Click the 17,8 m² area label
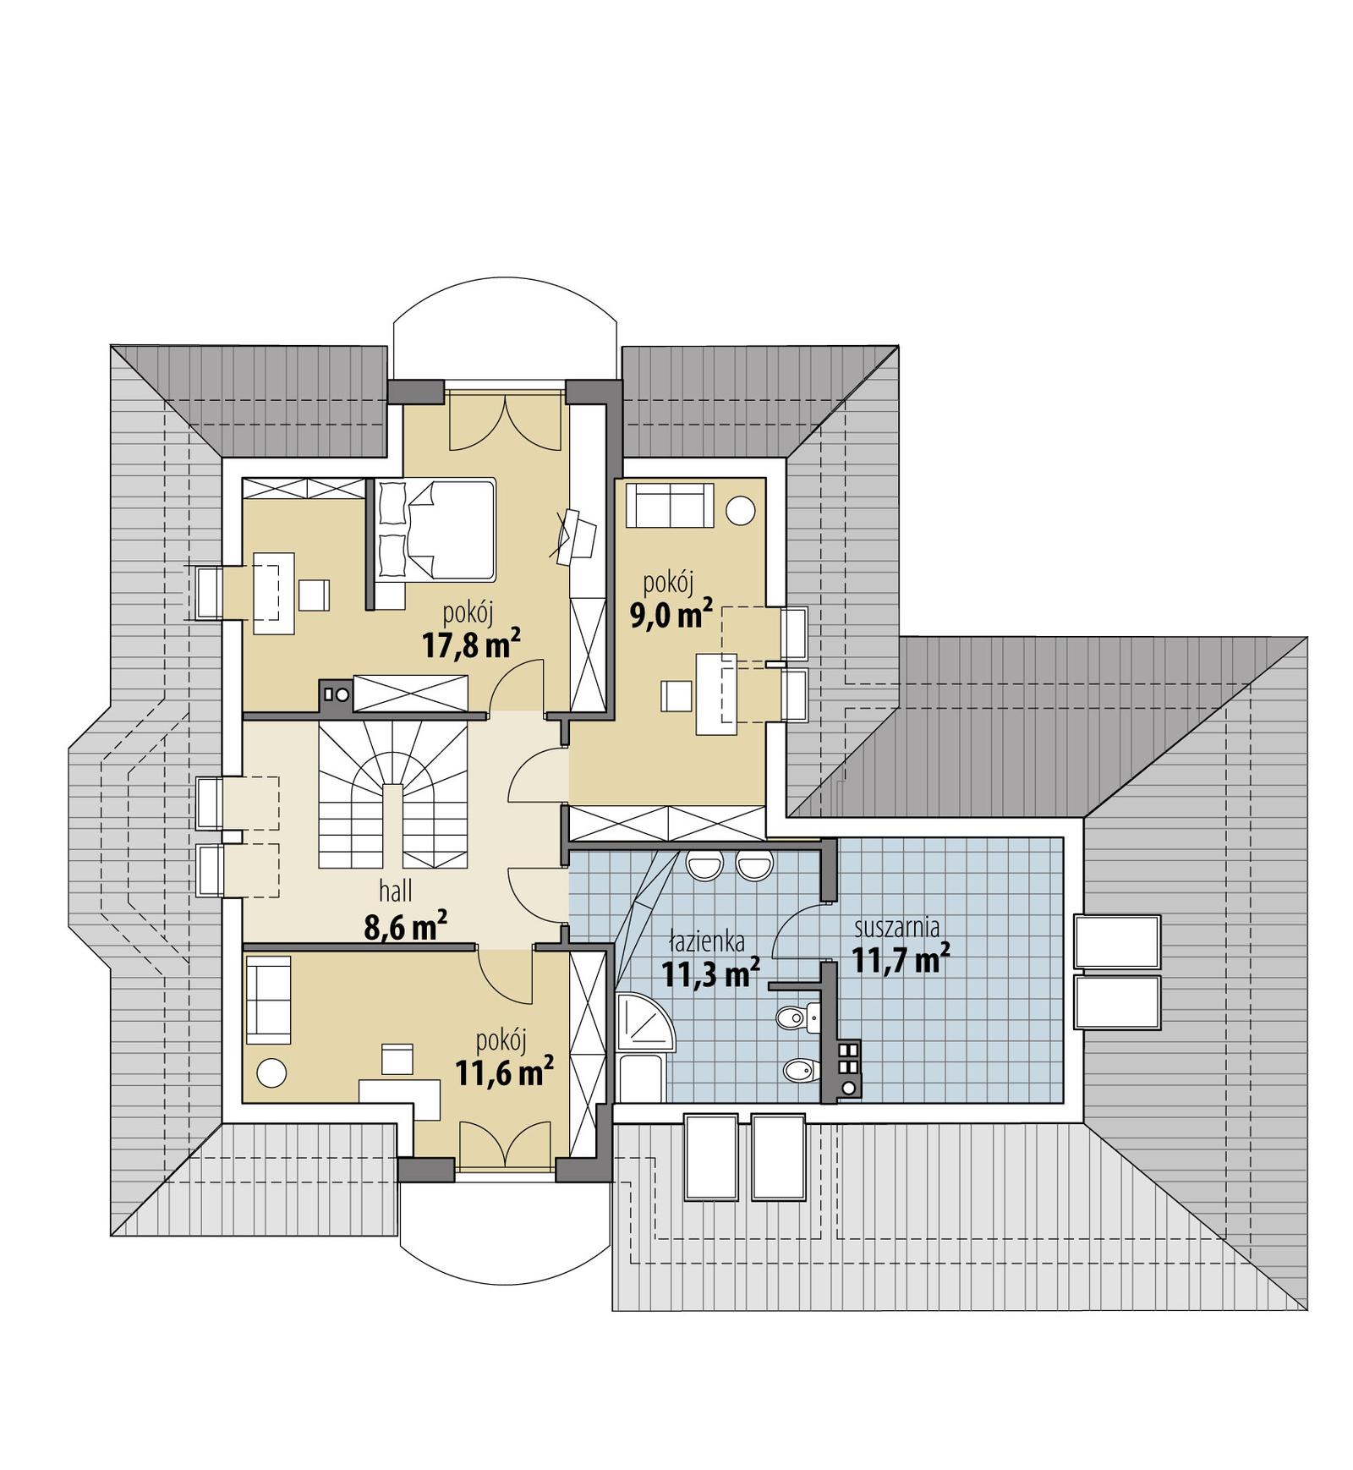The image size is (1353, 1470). [469, 645]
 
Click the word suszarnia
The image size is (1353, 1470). [896, 927]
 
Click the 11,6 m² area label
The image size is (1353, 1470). [504, 1073]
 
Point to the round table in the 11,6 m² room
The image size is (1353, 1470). [271, 1073]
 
